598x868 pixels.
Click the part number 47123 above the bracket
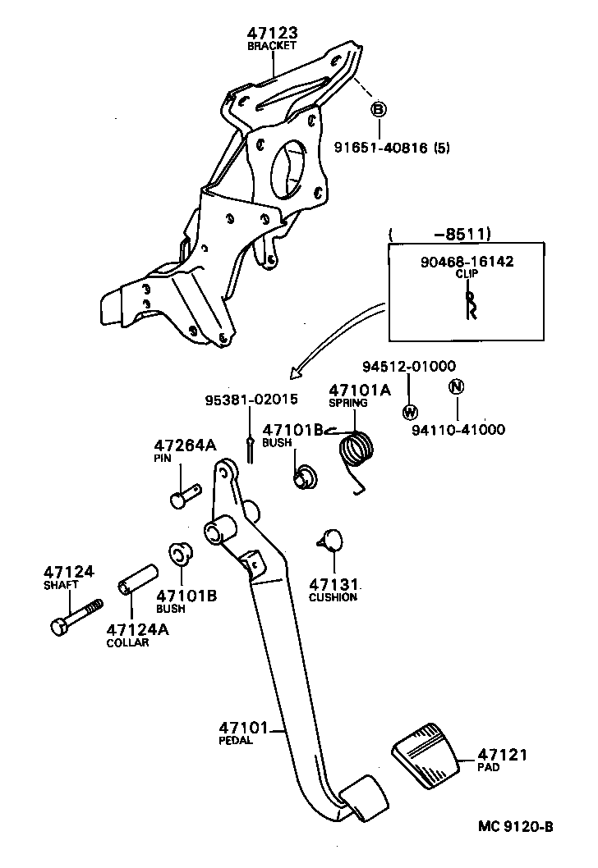point(272,33)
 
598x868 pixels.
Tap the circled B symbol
point(379,109)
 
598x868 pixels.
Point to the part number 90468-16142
point(466,262)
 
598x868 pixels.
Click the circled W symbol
point(411,411)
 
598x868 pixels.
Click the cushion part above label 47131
point(330,539)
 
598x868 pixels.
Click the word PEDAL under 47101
point(236,740)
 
